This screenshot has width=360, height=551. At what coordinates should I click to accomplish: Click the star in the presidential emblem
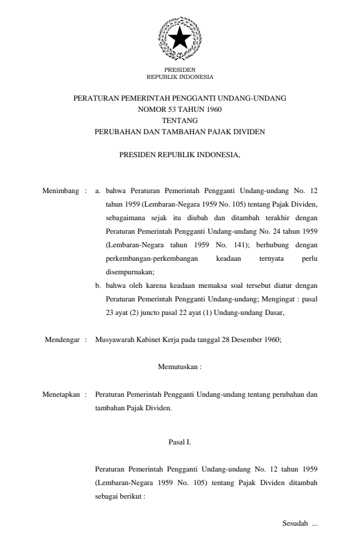coord(179,38)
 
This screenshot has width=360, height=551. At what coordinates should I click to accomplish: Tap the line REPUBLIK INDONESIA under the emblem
coord(179,77)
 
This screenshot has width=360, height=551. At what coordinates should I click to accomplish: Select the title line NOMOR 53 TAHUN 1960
coord(179,109)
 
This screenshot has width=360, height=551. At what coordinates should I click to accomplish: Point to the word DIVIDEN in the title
coord(249,132)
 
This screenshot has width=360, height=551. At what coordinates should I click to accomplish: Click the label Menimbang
coord(61,191)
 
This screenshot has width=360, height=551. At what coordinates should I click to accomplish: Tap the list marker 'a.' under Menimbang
coord(98,191)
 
